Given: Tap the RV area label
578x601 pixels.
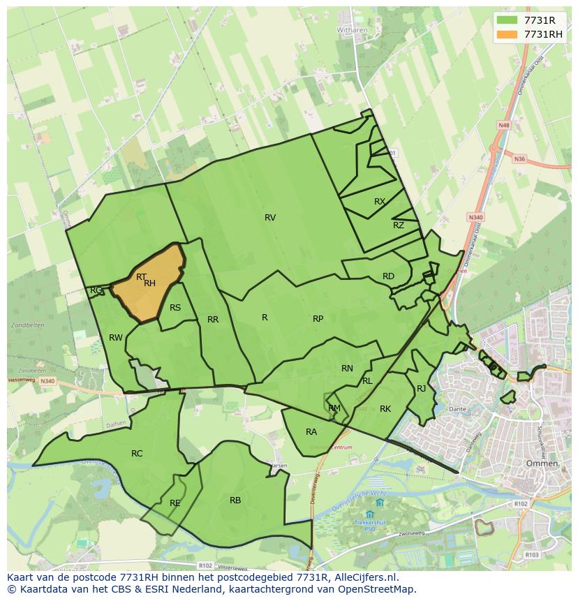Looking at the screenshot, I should [270, 218].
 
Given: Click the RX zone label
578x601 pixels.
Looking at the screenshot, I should [380, 201].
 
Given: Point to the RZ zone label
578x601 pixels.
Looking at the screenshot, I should [399, 225].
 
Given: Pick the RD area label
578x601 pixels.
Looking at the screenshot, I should [388, 276].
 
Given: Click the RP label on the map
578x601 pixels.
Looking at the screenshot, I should [318, 318].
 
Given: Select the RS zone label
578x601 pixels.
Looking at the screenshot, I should [175, 308].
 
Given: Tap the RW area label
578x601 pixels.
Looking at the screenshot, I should [116, 338].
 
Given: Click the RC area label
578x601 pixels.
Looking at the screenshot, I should [137, 454].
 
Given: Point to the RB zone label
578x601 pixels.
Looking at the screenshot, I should [235, 500].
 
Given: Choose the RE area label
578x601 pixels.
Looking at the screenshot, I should [175, 503].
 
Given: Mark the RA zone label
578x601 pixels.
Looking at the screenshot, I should [311, 432].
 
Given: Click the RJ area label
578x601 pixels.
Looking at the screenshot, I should [421, 389].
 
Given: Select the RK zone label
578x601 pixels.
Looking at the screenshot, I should [385, 409].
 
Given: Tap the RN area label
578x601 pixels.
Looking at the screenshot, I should [347, 369].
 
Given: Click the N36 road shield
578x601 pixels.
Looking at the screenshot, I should [519, 159].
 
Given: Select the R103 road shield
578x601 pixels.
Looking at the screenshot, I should [532, 555].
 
